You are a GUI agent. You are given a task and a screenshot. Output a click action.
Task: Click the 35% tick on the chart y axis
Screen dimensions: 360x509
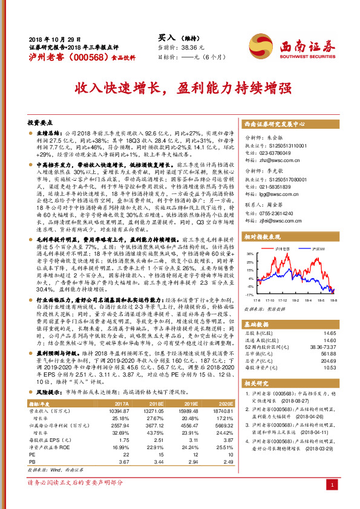tap(249, 271)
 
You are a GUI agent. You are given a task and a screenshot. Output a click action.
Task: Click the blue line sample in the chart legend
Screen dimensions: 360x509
tap(307, 265)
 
